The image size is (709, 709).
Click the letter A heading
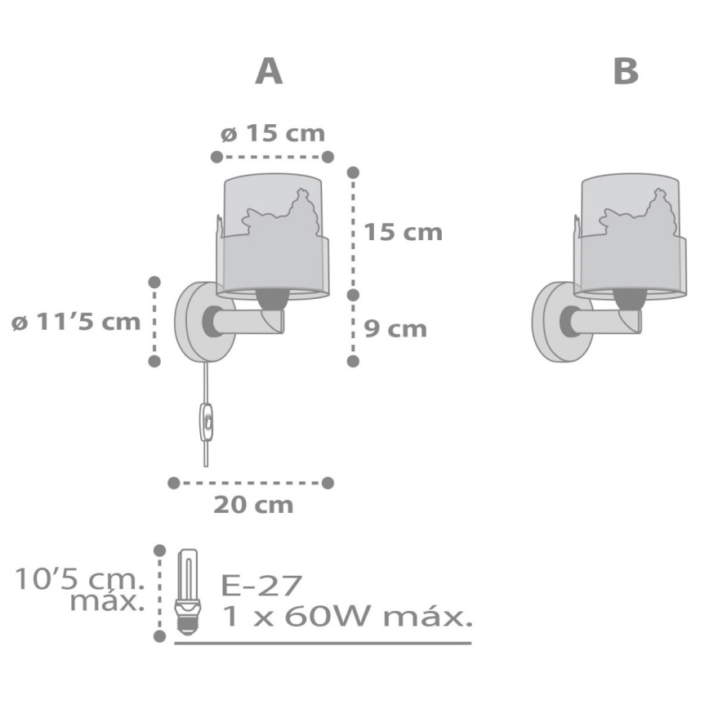pos(269,72)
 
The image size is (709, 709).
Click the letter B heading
pos(626,72)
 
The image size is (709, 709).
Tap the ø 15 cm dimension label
pos(272,133)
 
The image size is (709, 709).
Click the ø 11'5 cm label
pos(77,321)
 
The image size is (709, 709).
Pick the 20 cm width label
pos(253,505)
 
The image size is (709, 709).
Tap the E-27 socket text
pos(261,585)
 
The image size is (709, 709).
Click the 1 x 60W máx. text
pos(346,617)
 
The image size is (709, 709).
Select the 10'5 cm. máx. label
pos(79,592)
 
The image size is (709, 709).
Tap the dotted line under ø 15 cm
pos(272,156)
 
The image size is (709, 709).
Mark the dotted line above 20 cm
pos(251,483)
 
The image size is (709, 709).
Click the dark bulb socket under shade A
pos(273,301)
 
